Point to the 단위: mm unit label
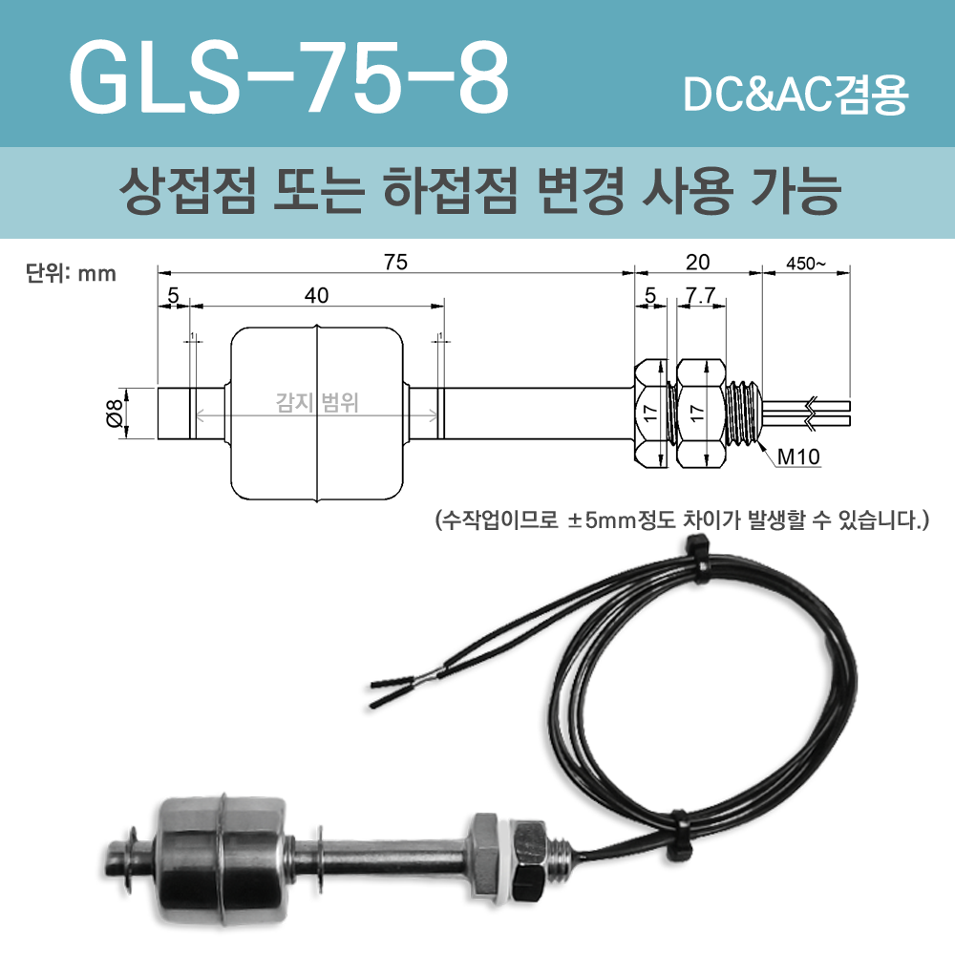[70, 274]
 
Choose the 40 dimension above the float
[316, 296]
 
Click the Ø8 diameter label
[113, 414]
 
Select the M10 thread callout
[797, 456]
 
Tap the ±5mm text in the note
[588, 522]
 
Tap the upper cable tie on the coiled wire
[696, 560]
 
